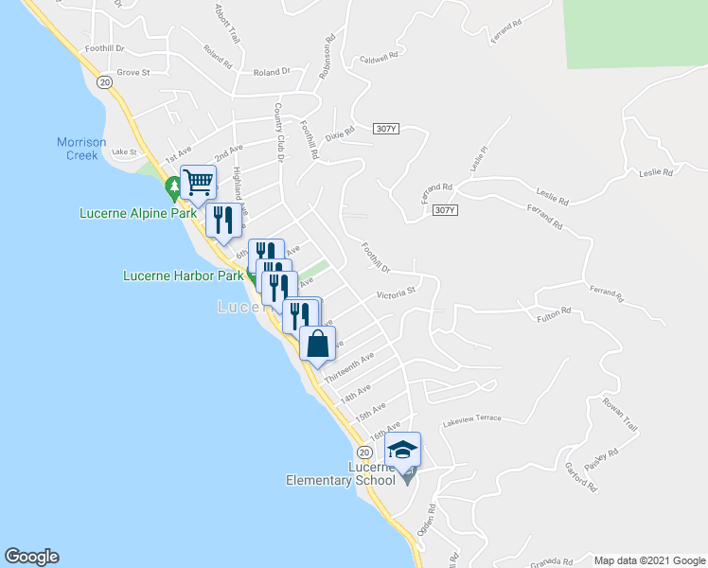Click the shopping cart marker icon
[198, 181]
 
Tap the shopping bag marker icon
[317, 343]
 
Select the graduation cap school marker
[402, 450]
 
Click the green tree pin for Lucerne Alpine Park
[173, 187]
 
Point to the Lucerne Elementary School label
[341, 474]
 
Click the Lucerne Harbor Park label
[184, 276]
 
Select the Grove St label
[133, 72]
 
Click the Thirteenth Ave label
[349, 367]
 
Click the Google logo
[32, 557]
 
